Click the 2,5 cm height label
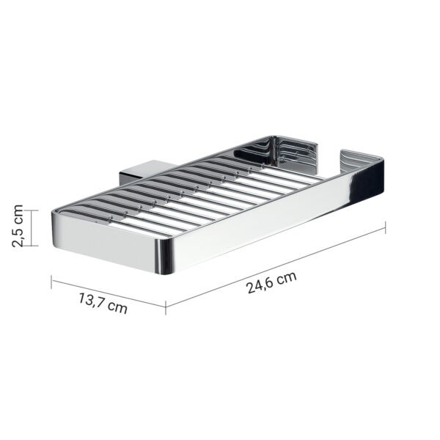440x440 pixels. (x=18, y=226)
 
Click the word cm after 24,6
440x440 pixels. (x=287, y=277)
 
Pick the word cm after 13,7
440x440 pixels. (x=118, y=307)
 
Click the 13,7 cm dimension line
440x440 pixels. (x=109, y=293)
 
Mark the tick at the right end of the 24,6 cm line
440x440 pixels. (x=385, y=227)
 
